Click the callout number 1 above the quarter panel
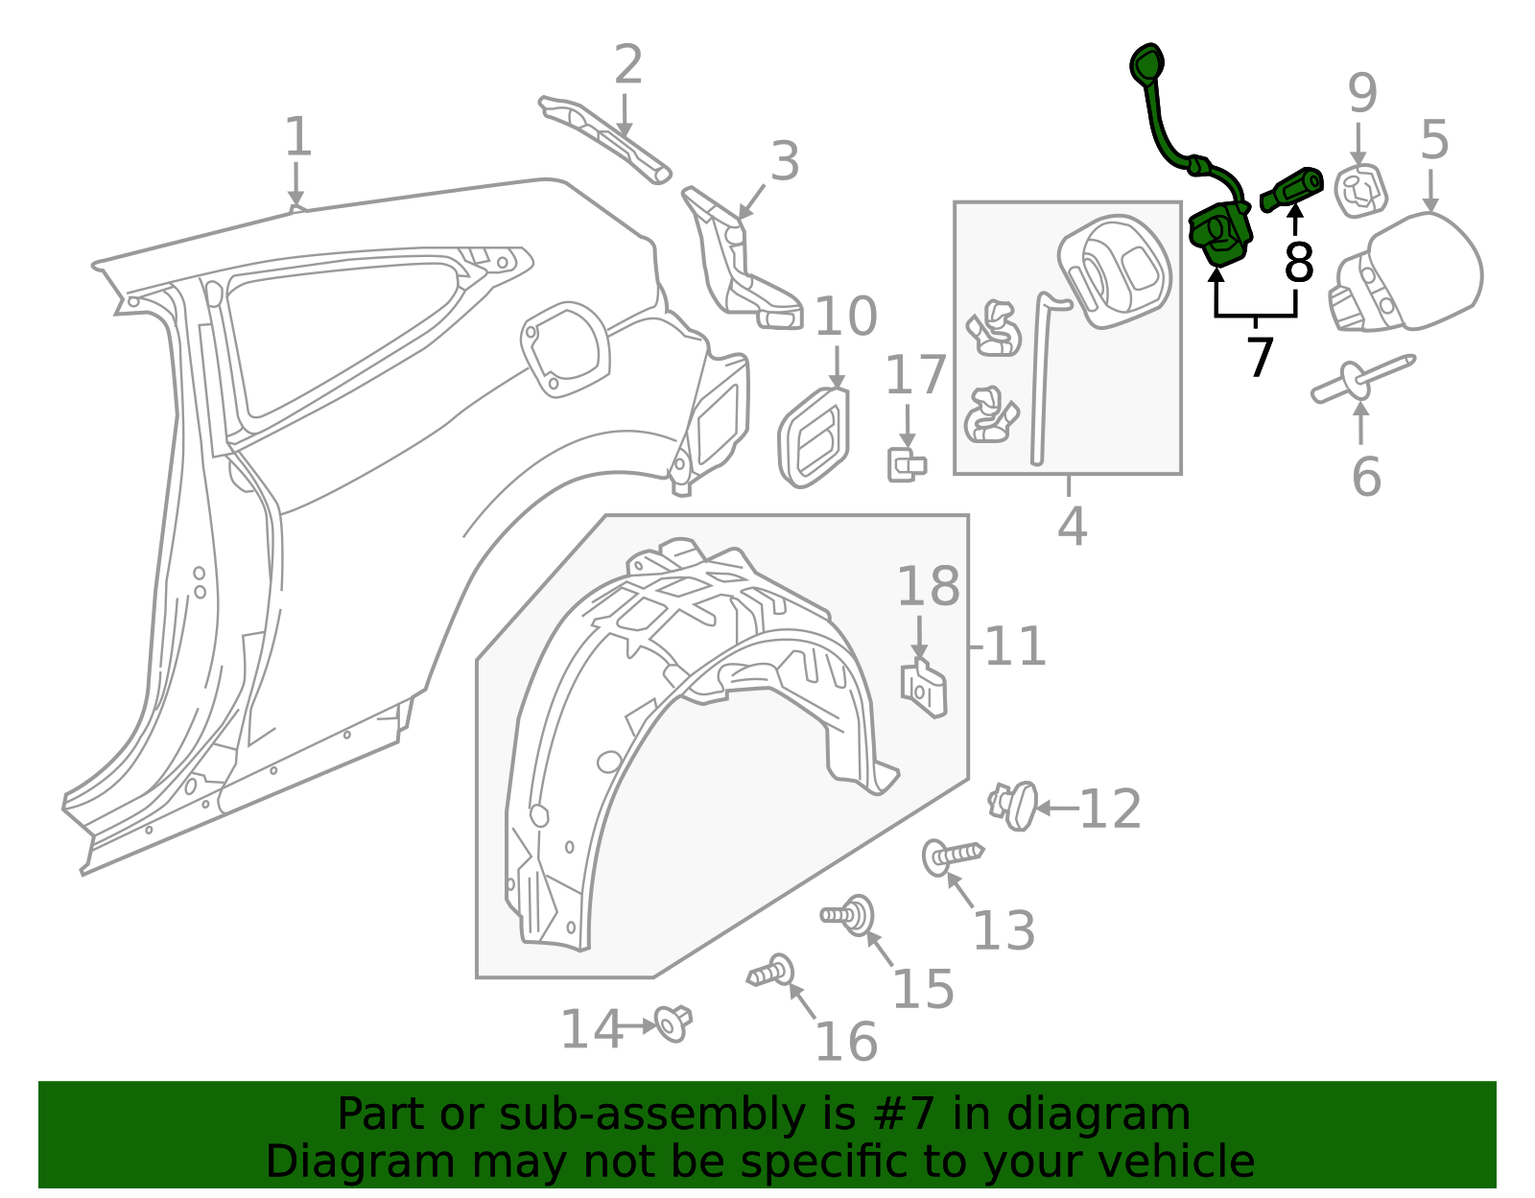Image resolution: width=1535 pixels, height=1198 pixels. (298, 137)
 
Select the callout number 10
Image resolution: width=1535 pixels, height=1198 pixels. (845, 317)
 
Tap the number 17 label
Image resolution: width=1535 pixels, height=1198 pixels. (915, 375)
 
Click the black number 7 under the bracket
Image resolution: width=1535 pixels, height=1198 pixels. (1259, 357)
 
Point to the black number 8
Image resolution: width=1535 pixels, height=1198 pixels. (1298, 262)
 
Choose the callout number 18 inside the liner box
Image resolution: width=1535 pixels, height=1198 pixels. (928, 587)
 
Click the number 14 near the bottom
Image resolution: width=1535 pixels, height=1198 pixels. (591, 1030)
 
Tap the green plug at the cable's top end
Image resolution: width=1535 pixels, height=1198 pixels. (1146, 64)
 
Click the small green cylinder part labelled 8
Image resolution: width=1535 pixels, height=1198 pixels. (1293, 188)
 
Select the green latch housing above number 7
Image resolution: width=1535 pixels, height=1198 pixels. (1220, 234)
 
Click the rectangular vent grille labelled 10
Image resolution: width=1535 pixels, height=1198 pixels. (815, 438)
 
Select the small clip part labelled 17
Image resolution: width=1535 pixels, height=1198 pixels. (906, 465)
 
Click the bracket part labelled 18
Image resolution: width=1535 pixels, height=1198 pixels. (923, 688)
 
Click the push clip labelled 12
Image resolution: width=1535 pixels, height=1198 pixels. (1015, 805)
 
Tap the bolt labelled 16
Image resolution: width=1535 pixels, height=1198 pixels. (772, 973)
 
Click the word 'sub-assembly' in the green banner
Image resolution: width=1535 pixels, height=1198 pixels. (605, 1115)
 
